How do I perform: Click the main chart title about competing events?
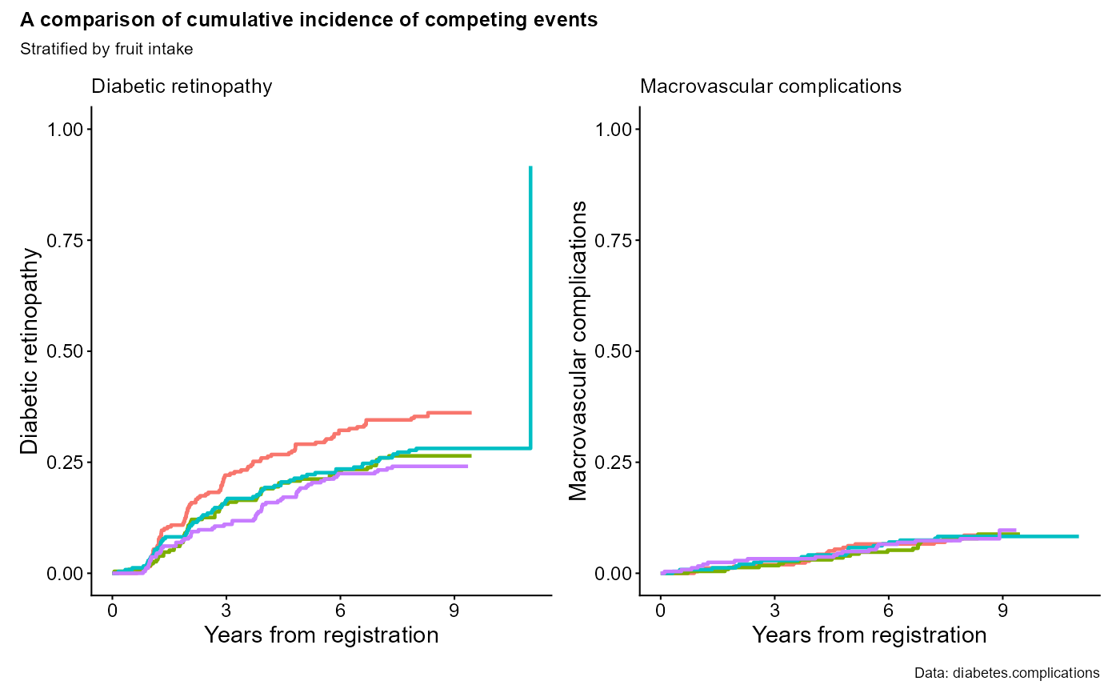click(x=309, y=21)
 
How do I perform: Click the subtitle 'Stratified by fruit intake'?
click(x=106, y=50)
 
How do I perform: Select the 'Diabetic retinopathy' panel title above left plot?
click(x=182, y=86)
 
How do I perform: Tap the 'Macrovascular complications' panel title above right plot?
click(x=770, y=86)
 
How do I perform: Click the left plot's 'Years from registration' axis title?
click(x=321, y=635)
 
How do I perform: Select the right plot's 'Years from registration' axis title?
click(x=869, y=635)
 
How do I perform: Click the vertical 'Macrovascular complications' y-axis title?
click(x=578, y=351)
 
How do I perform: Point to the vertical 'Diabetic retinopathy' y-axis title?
click(x=30, y=351)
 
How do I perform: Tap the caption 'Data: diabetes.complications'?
click(x=1006, y=673)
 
